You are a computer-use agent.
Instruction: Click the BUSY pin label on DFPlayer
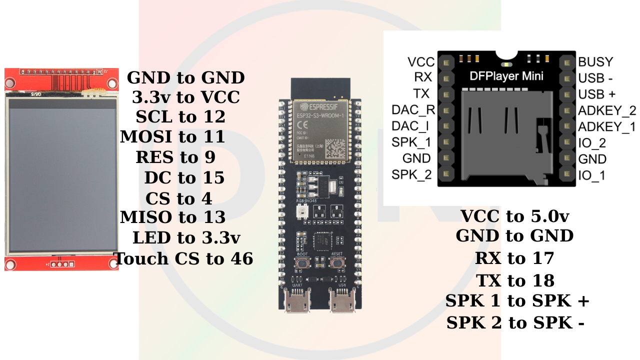pyautogui.click(x=595, y=62)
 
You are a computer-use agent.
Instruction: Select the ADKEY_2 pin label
pyautogui.click(x=606, y=110)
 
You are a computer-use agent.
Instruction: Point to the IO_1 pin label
pyautogui.click(x=591, y=175)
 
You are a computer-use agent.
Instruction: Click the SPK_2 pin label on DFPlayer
pyautogui.click(x=411, y=175)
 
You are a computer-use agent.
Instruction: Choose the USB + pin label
pyautogui.click(x=596, y=94)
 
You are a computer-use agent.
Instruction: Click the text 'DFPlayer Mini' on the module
pyautogui.click(x=506, y=76)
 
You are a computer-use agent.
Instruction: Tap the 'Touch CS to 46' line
pyautogui.click(x=183, y=258)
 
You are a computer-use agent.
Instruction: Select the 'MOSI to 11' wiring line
pyautogui.click(x=172, y=136)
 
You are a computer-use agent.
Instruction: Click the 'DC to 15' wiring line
pyautogui.click(x=184, y=178)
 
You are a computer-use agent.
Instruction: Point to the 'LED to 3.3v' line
pyautogui.click(x=186, y=238)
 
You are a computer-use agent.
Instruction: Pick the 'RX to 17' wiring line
pyautogui.click(x=514, y=258)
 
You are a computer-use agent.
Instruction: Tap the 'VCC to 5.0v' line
pyautogui.click(x=514, y=216)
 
